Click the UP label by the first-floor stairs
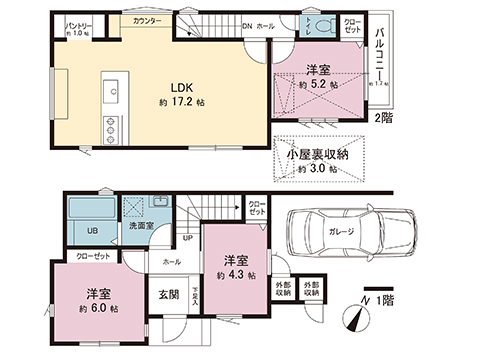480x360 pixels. pos(186,238)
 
